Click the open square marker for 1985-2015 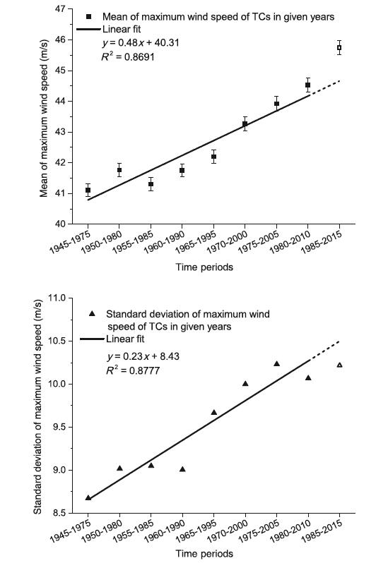point(339,48)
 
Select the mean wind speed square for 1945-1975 point(88,190)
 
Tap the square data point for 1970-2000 point(245,124)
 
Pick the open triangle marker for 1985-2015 point(339,365)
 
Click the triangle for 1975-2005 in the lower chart point(276,364)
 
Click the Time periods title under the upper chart point(205,268)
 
